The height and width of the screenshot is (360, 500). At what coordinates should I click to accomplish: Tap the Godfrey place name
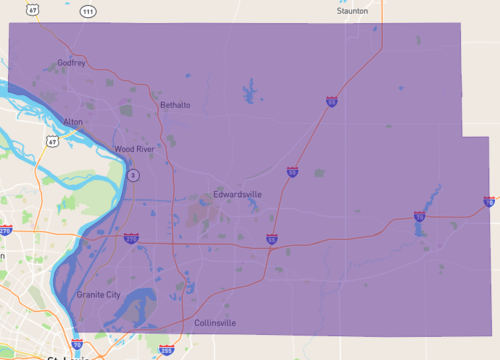coord(72,63)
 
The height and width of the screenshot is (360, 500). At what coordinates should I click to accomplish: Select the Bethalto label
coord(175,104)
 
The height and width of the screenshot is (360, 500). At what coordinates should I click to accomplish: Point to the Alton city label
coord(74,121)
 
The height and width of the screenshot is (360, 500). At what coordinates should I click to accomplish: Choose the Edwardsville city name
coord(237,194)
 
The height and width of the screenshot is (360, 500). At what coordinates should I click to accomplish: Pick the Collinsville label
coord(215,323)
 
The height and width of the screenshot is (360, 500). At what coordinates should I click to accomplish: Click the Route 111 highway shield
coord(88,11)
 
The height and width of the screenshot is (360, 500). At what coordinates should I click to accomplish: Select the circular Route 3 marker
coord(133,176)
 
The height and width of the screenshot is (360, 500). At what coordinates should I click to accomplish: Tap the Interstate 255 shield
coord(167,350)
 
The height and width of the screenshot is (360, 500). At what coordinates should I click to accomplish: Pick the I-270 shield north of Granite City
coord(131,238)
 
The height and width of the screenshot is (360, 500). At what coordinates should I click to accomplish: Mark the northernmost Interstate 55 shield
coord(331,101)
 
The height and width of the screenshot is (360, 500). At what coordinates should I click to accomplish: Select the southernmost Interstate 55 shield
coord(272,239)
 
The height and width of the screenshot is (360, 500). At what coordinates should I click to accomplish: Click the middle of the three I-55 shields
coord(292,172)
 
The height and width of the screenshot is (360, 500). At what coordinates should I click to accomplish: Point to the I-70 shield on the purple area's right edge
coord(489,201)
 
